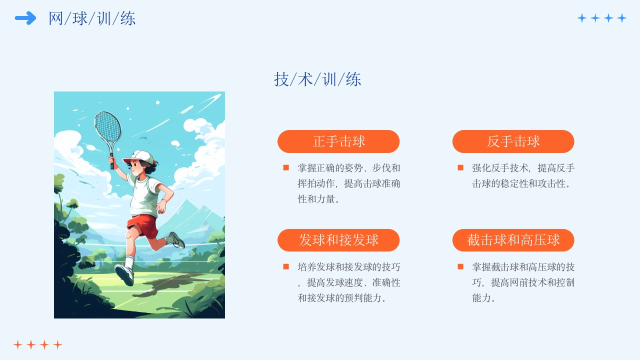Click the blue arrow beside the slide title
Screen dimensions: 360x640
25,18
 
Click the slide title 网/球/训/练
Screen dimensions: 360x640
92,18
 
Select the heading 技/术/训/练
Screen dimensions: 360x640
317,79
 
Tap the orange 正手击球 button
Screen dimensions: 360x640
338,141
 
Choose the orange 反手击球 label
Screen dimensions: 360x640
513,141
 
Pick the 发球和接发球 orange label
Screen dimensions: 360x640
338,240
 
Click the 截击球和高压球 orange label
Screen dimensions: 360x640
513,240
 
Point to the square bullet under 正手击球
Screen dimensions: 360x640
286,167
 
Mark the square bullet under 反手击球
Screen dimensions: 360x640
460,167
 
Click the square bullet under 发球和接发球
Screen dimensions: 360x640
286,266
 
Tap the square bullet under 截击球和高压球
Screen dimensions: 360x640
460,266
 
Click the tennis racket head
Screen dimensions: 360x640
108,126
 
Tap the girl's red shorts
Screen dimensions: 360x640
142,225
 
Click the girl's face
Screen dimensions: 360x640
137,167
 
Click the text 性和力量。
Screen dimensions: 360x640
319,199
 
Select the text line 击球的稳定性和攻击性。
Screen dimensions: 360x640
521,183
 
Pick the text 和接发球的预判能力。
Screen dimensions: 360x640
342,298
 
